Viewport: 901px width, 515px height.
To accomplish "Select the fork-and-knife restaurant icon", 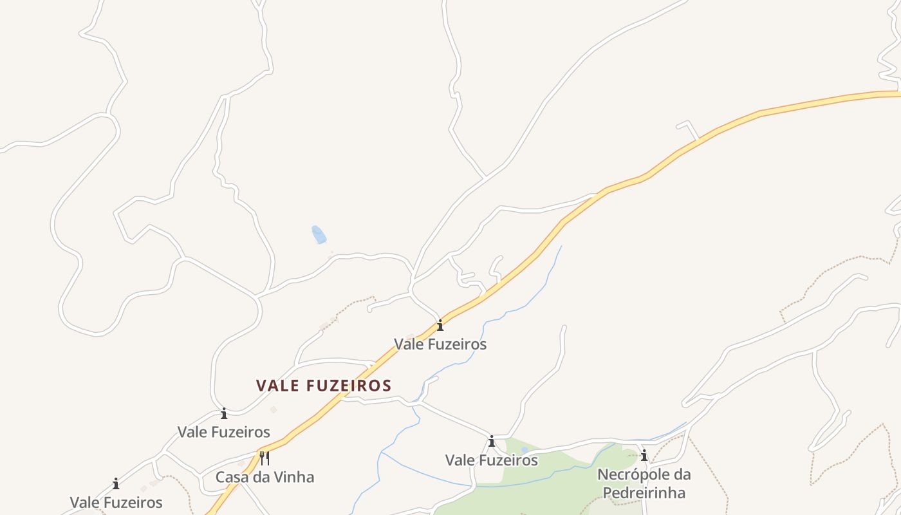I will click(x=264, y=458).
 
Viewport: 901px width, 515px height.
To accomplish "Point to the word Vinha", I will click(x=295, y=477).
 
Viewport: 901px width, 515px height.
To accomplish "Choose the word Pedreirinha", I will click(x=644, y=493).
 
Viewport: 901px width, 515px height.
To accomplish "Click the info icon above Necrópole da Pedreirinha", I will click(x=644, y=456).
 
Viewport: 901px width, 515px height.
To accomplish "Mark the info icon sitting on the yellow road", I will click(x=440, y=325).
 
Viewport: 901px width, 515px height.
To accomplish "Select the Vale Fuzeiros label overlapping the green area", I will click(x=492, y=460).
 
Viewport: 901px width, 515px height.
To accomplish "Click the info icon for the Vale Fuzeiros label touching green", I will click(x=492, y=442).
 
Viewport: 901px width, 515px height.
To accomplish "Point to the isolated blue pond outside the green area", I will click(x=319, y=234).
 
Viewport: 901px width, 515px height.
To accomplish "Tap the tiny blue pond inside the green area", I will click(x=525, y=449).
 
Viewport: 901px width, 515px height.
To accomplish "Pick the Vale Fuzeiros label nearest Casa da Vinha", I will click(x=224, y=431).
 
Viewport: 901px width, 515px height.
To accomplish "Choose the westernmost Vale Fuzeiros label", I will click(x=116, y=502).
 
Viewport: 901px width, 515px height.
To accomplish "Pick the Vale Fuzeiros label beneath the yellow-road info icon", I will click(x=440, y=344).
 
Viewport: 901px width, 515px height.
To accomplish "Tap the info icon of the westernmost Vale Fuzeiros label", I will click(x=116, y=483).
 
